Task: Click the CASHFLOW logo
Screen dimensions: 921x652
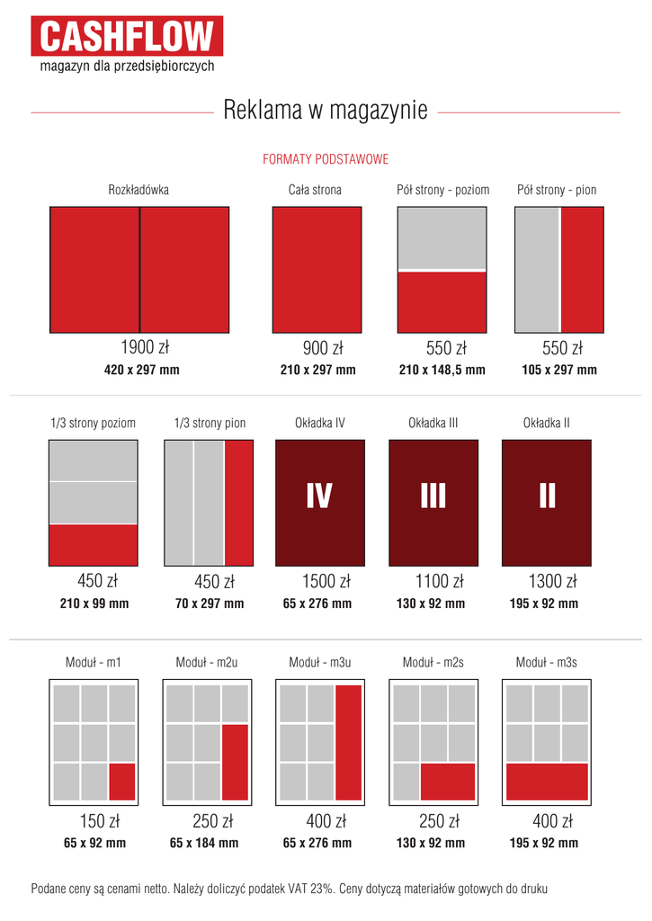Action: point(127,37)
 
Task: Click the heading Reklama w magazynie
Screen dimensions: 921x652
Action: point(325,111)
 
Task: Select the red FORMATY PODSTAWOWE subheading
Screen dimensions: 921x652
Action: point(326,159)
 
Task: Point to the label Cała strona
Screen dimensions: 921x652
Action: point(315,190)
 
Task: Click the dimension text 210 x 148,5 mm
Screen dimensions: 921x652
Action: point(442,370)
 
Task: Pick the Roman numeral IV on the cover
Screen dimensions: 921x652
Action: point(319,496)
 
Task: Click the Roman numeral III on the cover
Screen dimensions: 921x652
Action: point(433,496)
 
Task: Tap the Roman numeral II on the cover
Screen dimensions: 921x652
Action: point(547,496)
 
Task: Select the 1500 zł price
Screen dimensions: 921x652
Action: point(318,582)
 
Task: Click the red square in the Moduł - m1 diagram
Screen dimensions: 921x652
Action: point(121,782)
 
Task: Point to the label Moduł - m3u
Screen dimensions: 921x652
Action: point(319,663)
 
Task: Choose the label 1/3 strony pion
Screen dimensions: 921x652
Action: point(210,423)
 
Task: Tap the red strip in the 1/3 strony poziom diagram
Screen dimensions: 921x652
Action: point(94,544)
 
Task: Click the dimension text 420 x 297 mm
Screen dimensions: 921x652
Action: point(142,370)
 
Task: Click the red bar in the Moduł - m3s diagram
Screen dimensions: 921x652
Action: point(547,781)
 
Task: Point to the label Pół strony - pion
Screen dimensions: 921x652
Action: point(557,190)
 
